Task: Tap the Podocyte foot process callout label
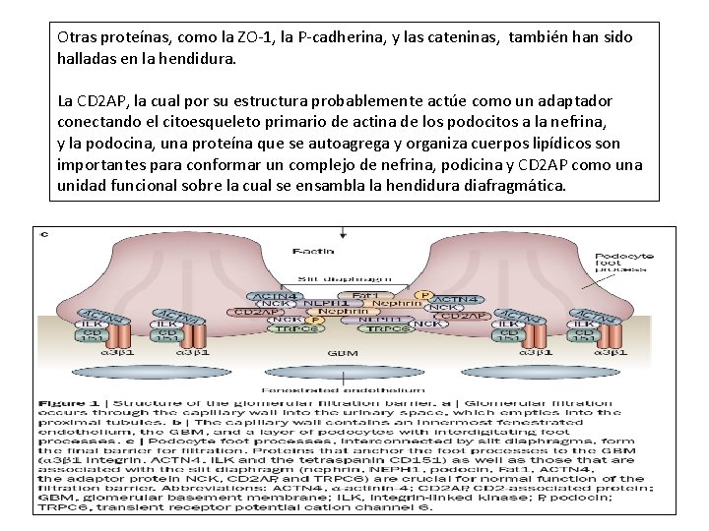pyautogui.click(x=617, y=262)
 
